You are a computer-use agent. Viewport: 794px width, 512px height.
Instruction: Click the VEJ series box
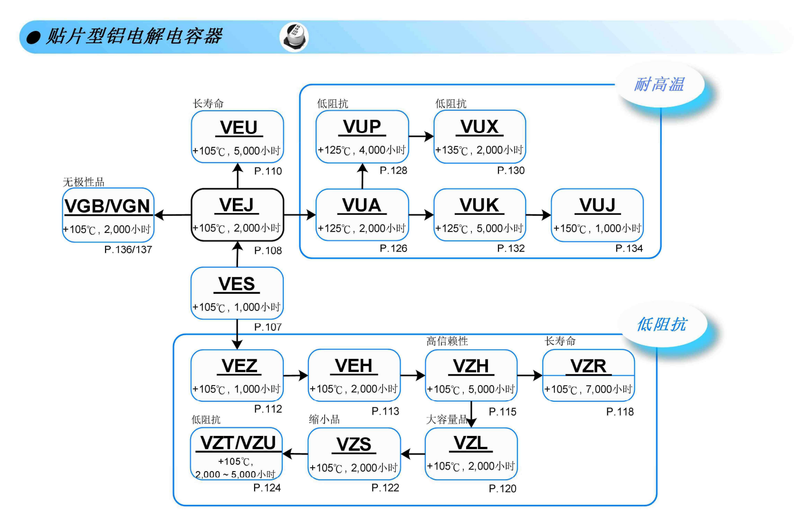tap(238, 215)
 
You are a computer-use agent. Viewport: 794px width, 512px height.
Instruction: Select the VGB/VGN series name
tap(107, 206)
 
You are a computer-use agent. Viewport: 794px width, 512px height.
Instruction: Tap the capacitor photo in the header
tap(294, 37)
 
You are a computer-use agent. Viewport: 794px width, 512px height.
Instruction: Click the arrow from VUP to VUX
tap(421, 136)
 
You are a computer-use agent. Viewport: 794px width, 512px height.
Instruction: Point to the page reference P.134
tap(629, 248)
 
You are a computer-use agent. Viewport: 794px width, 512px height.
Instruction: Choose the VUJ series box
tap(597, 215)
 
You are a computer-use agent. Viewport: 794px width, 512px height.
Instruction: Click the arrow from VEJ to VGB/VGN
tap(172, 215)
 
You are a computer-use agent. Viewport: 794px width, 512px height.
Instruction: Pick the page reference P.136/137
tap(128, 250)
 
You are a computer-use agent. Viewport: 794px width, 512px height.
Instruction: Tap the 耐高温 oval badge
tap(660, 85)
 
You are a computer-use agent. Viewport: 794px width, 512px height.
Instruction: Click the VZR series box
tap(588, 375)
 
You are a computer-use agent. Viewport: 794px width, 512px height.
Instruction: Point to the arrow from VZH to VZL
tap(471, 415)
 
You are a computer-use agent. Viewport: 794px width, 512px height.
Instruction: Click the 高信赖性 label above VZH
tap(447, 341)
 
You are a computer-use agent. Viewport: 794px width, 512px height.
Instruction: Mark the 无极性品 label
tap(84, 182)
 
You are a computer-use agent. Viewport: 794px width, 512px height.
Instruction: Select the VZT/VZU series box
tap(237, 454)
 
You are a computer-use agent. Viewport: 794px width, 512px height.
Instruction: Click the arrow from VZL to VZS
tap(413, 454)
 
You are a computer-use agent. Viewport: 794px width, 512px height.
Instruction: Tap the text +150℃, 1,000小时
tap(597, 228)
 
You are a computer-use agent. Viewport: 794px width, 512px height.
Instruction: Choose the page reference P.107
tap(268, 327)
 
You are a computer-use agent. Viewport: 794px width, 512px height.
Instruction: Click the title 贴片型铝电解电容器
tap(134, 36)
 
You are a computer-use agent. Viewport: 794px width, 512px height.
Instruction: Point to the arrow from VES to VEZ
tap(237, 334)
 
